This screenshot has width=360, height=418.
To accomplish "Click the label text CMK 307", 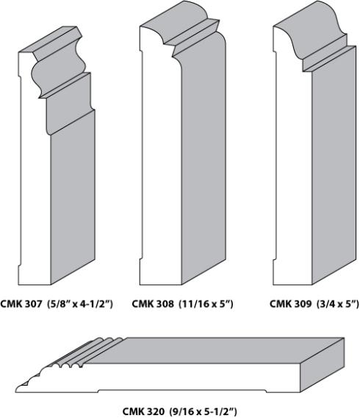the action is [21, 303].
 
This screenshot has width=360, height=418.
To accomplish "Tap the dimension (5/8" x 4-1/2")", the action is [80, 303].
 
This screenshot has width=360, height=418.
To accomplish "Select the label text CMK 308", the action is [153, 303].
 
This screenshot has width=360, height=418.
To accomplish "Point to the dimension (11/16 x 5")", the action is [206, 303].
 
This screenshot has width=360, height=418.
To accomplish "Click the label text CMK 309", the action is [290, 303].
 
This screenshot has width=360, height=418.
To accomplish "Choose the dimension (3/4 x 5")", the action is [338, 303].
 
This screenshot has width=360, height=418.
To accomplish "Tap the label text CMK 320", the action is [143, 411].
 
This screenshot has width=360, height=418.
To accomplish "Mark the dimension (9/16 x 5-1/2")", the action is [204, 411].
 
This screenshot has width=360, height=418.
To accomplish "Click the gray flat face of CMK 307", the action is [73, 198].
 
